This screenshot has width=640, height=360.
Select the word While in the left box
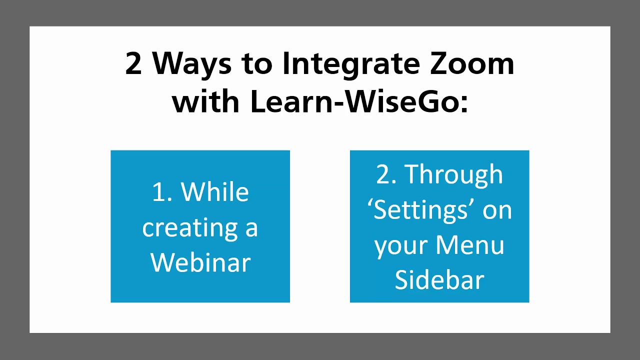[x=214, y=192]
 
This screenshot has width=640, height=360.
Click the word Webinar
[x=200, y=262]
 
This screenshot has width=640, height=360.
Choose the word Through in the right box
[x=453, y=174]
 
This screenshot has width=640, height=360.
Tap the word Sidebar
[x=439, y=280]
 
